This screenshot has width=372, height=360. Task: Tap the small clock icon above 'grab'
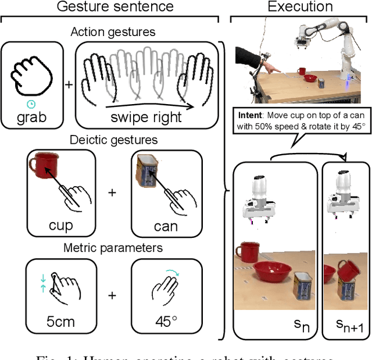(x=31, y=103)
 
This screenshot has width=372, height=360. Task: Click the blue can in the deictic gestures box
(x=145, y=169)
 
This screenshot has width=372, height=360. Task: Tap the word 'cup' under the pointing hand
(x=60, y=226)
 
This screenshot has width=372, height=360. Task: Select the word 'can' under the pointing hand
(x=165, y=226)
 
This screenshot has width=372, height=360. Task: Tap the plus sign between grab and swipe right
(x=69, y=84)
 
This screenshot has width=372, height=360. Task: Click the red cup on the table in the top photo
(x=302, y=72)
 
